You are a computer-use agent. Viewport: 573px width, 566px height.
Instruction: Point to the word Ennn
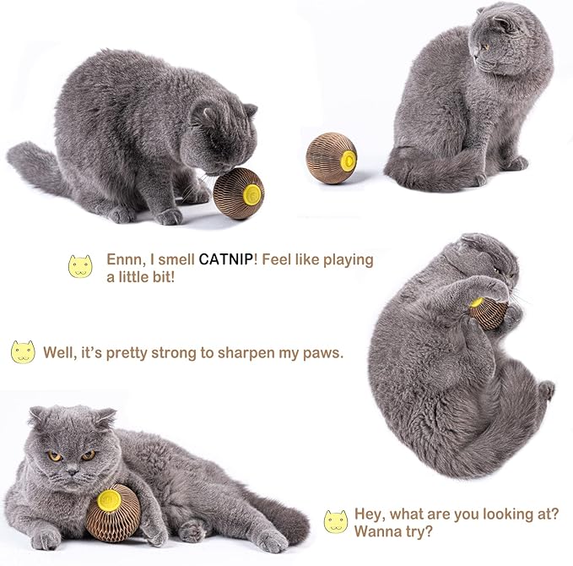126,259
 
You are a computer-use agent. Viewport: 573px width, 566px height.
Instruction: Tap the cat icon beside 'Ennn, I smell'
79,267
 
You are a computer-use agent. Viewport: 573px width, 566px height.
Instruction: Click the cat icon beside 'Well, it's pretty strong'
23,352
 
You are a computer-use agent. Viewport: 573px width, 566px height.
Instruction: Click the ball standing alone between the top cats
332,154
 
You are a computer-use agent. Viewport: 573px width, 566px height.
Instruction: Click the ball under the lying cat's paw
113,512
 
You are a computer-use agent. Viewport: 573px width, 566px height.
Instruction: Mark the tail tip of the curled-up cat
547,390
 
